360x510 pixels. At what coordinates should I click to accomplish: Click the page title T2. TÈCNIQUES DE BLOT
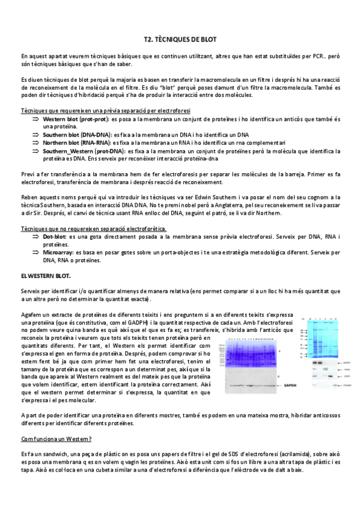tap(180, 38)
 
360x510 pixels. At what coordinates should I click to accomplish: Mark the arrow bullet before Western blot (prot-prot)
tap(35, 120)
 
